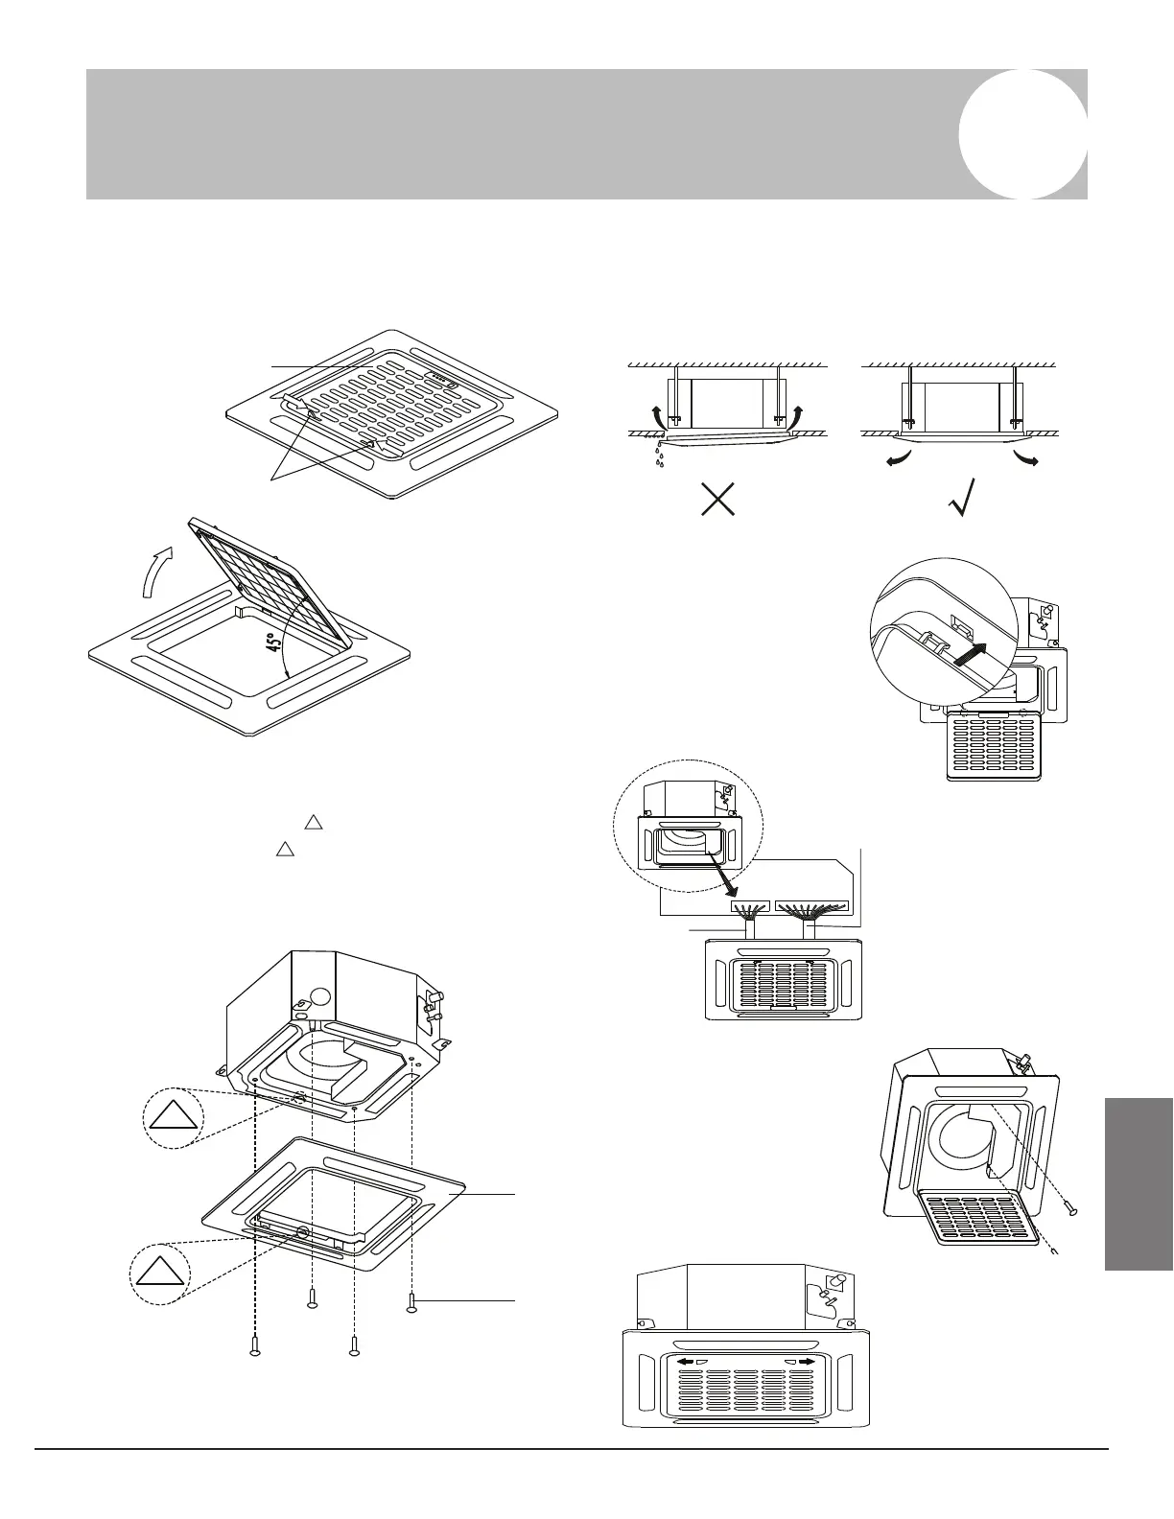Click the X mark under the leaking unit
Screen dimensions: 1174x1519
(718, 498)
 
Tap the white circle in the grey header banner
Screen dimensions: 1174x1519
(1022, 134)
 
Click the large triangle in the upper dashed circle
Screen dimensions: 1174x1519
(174, 1120)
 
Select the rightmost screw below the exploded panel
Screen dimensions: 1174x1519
(412, 1302)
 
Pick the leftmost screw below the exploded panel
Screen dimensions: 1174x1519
(254, 1345)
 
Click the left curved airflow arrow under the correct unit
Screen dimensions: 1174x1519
(900, 457)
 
